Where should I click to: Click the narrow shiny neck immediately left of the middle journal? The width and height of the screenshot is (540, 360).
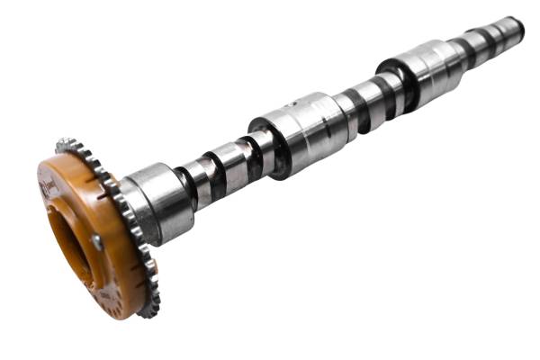click(256, 152)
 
